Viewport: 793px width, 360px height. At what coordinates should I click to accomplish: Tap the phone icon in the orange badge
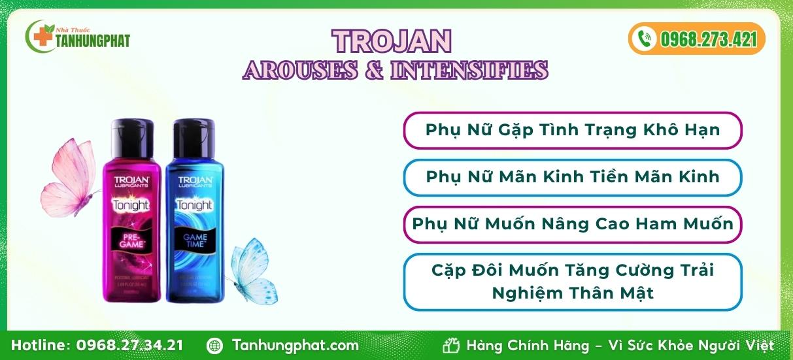click(x=645, y=39)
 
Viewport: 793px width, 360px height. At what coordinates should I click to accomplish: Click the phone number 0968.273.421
click(x=708, y=40)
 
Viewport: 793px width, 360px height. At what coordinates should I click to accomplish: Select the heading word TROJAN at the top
click(x=392, y=41)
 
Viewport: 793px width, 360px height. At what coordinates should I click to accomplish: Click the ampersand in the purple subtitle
click(x=373, y=70)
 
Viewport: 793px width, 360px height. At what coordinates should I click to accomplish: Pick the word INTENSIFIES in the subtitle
click(x=469, y=70)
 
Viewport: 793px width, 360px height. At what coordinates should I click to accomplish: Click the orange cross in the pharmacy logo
click(x=44, y=37)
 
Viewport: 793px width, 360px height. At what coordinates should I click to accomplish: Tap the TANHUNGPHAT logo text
click(x=93, y=41)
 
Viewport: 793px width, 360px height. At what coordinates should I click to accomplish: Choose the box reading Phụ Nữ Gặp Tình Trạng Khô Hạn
click(x=572, y=130)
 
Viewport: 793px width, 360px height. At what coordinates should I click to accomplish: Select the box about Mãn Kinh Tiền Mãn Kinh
click(x=572, y=177)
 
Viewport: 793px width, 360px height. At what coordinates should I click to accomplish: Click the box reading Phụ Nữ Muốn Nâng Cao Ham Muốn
click(x=572, y=224)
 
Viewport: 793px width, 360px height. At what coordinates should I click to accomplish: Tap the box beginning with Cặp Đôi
click(x=572, y=282)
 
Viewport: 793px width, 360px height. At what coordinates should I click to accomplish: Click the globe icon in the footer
click(x=214, y=346)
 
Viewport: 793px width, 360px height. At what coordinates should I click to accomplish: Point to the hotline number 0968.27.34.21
click(x=130, y=346)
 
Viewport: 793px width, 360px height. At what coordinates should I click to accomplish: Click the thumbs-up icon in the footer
click(x=451, y=346)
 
